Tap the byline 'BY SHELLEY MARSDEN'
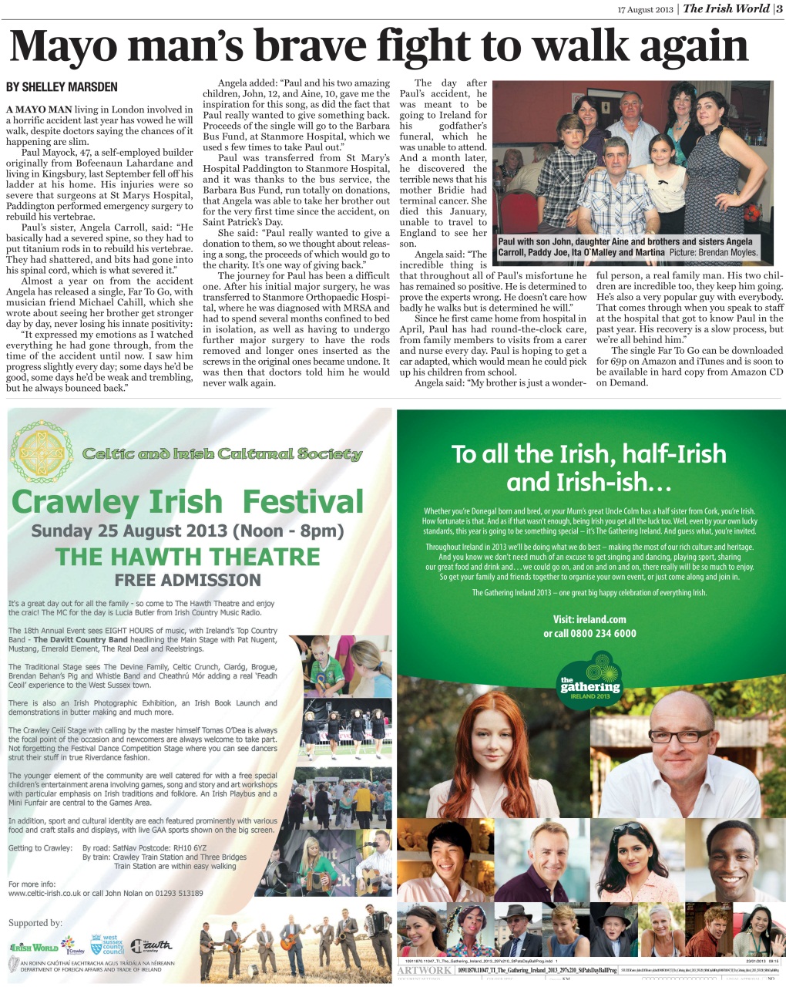(x=62, y=87)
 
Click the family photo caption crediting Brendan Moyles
(x=628, y=247)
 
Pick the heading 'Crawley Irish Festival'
(x=187, y=502)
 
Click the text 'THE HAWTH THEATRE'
(x=187, y=556)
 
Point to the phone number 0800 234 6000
(x=590, y=633)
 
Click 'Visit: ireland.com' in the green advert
(x=589, y=619)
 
